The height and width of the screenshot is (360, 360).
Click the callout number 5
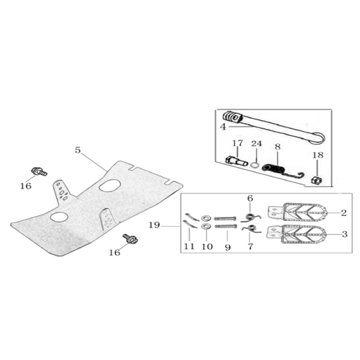(x=78, y=150)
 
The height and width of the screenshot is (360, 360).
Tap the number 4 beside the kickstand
(x=223, y=127)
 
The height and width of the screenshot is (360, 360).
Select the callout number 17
(x=238, y=143)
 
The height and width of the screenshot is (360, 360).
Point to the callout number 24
(x=256, y=143)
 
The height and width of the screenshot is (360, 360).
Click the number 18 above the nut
(x=318, y=155)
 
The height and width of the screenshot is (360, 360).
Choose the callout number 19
(x=154, y=225)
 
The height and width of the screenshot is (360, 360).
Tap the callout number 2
(x=343, y=212)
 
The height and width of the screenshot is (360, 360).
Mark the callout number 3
(x=344, y=234)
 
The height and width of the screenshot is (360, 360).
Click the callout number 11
(x=189, y=246)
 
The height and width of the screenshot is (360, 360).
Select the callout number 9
(x=228, y=247)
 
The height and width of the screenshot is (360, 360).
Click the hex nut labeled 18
(x=317, y=180)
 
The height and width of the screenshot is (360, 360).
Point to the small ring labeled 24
(x=255, y=166)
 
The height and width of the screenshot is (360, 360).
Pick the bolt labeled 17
(x=237, y=161)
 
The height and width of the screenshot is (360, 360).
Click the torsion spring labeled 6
(x=251, y=217)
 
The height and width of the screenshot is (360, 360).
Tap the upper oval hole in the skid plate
(x=109, y=186)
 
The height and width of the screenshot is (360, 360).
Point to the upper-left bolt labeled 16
(x=39, y=171)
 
